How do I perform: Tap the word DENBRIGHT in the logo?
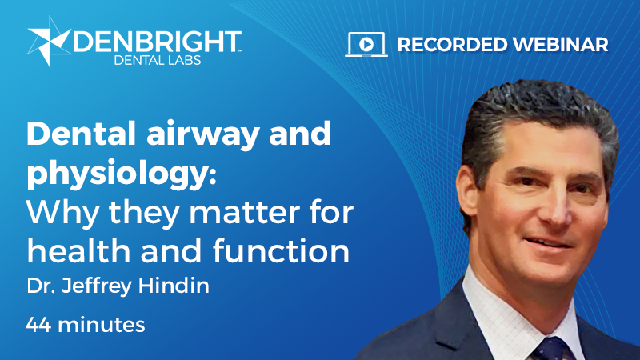(156, 40)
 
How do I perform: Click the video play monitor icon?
(366, 44)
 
